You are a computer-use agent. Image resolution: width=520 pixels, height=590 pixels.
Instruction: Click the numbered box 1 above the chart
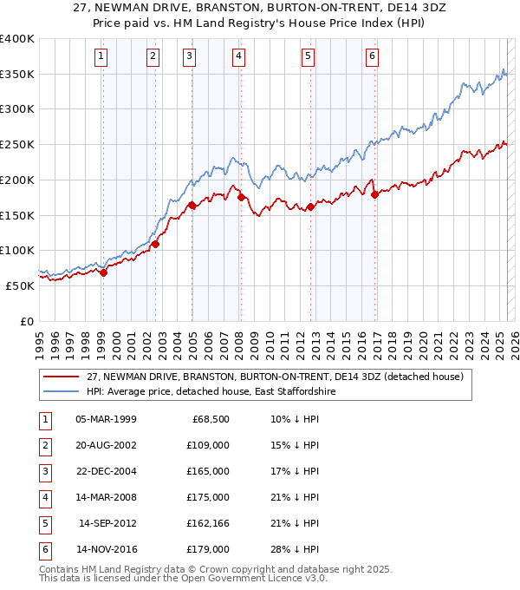tap(101, 57)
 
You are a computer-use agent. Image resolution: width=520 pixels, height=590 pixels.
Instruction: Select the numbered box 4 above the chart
tap(238, 57)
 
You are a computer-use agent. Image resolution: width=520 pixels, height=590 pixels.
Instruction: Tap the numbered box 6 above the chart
tap(372, 57)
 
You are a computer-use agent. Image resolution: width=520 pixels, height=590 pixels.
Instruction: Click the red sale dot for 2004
tap(192, 206)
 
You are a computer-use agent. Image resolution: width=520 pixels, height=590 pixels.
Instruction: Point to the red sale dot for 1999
tap(103, 272)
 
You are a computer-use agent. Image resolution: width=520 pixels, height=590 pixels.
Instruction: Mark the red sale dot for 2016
tap(374, 195)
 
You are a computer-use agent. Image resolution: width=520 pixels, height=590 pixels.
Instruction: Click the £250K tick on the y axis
tap(17, 144)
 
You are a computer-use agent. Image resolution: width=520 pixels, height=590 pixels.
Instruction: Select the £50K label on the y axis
tap(19, 285)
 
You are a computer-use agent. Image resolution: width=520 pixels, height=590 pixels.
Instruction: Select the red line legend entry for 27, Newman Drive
tap(276, 377)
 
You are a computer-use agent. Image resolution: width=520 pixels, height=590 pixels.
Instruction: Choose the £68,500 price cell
tap(211, 419)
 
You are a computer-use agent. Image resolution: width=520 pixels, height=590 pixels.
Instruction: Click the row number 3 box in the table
tap(42, 471)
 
